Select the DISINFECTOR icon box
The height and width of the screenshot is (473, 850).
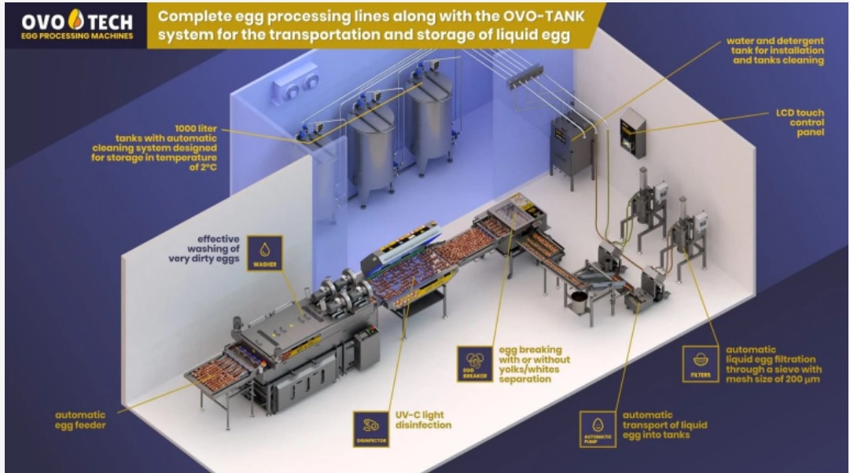click(x=370, y=427)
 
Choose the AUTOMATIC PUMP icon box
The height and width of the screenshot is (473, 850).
click(x=597, y=429)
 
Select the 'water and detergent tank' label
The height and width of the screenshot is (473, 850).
click(x=775, y=49)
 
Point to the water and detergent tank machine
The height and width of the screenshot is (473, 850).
click(x=571, y=145)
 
